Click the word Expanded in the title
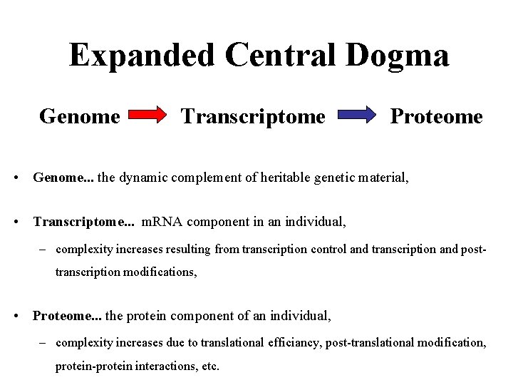click(x=142, y=56)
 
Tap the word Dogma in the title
click(x=397, y=56)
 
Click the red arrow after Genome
click(x=147, y=115)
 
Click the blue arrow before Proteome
click(x=357, y=115)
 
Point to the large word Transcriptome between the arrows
click(x=253, y=116)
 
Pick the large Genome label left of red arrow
click(x=80, y=116)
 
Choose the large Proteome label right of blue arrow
click(x=437, y=116)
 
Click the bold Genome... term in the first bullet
click(x=63, y=178)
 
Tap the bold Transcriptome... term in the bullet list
click(x=84, y=222)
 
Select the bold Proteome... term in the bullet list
click(x=67, y=316)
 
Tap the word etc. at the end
click(x=210, y=366)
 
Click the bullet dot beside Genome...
click(x=16, y=178)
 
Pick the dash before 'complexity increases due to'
click(x=42, y=343)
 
